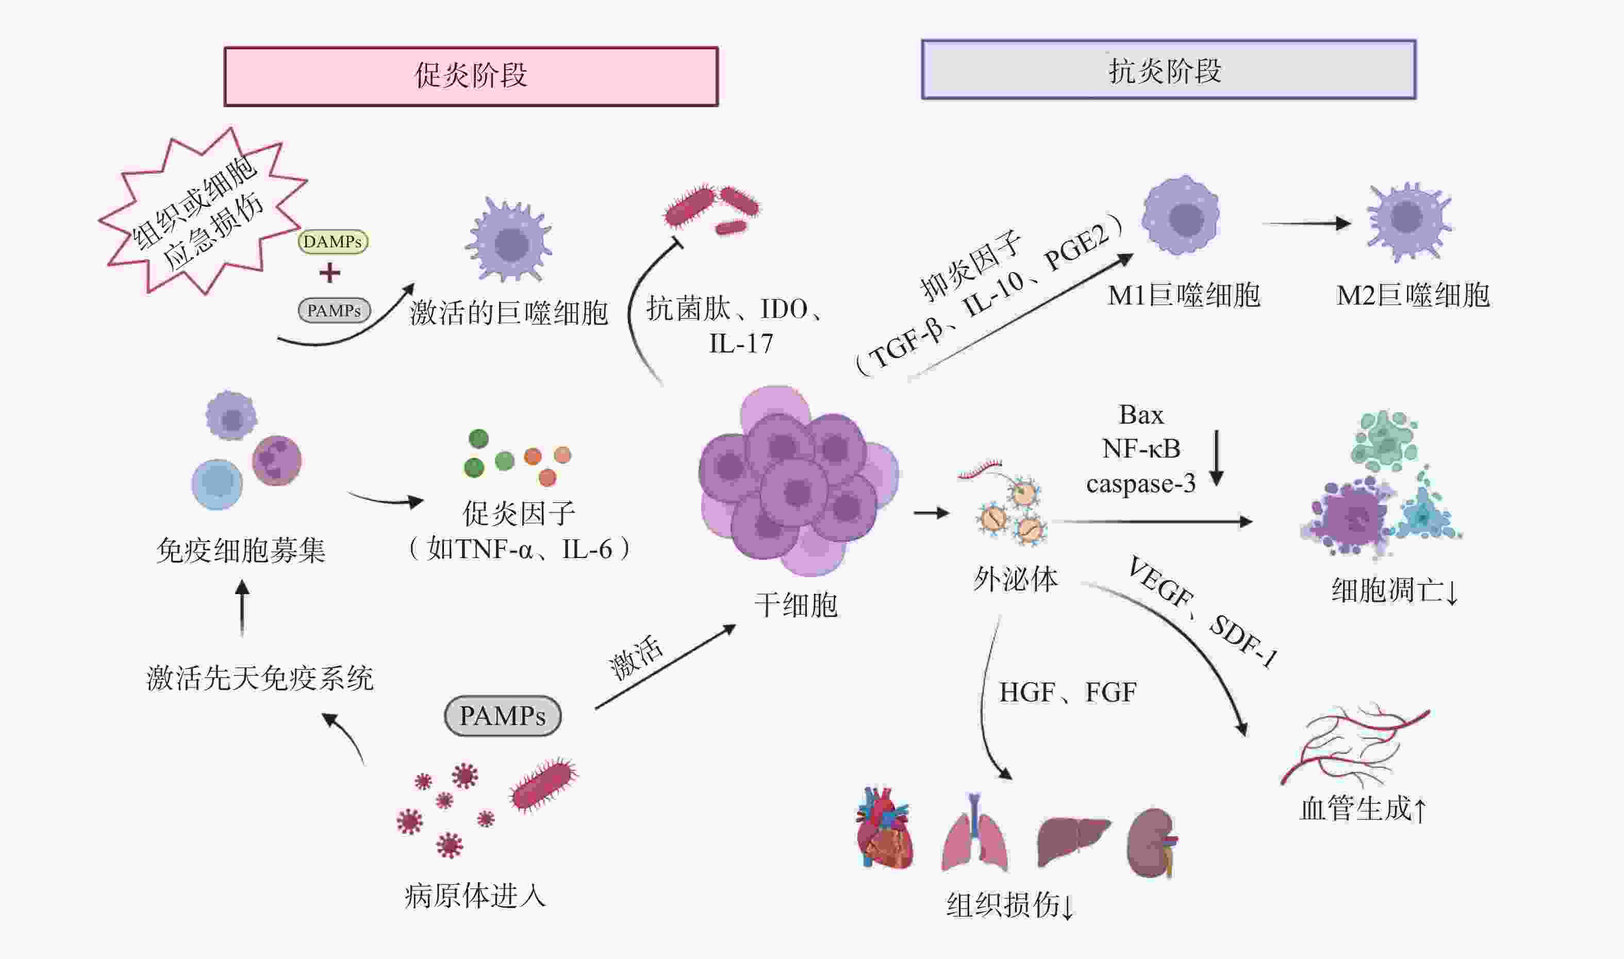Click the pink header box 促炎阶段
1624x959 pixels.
471,76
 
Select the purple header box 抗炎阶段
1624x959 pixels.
1168,70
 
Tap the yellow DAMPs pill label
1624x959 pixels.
333,242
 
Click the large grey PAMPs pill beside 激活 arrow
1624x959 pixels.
502,715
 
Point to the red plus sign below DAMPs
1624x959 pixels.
330,273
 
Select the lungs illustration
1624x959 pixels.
974,834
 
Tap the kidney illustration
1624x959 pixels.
1151,842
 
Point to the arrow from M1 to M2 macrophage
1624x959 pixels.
1306,224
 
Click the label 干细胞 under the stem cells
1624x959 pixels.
796,605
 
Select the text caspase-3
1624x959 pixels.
1140,483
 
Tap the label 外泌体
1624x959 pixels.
1016,578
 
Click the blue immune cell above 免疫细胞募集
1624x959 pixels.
217,484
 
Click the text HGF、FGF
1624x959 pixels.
1067,692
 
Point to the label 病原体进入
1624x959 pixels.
475,896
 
